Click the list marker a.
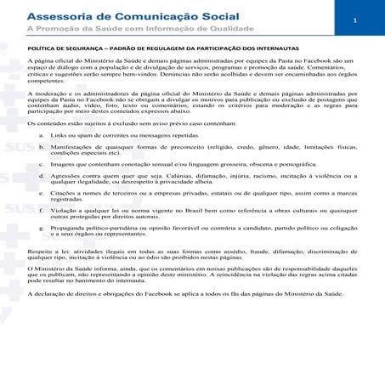43,136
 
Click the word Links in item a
60,136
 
